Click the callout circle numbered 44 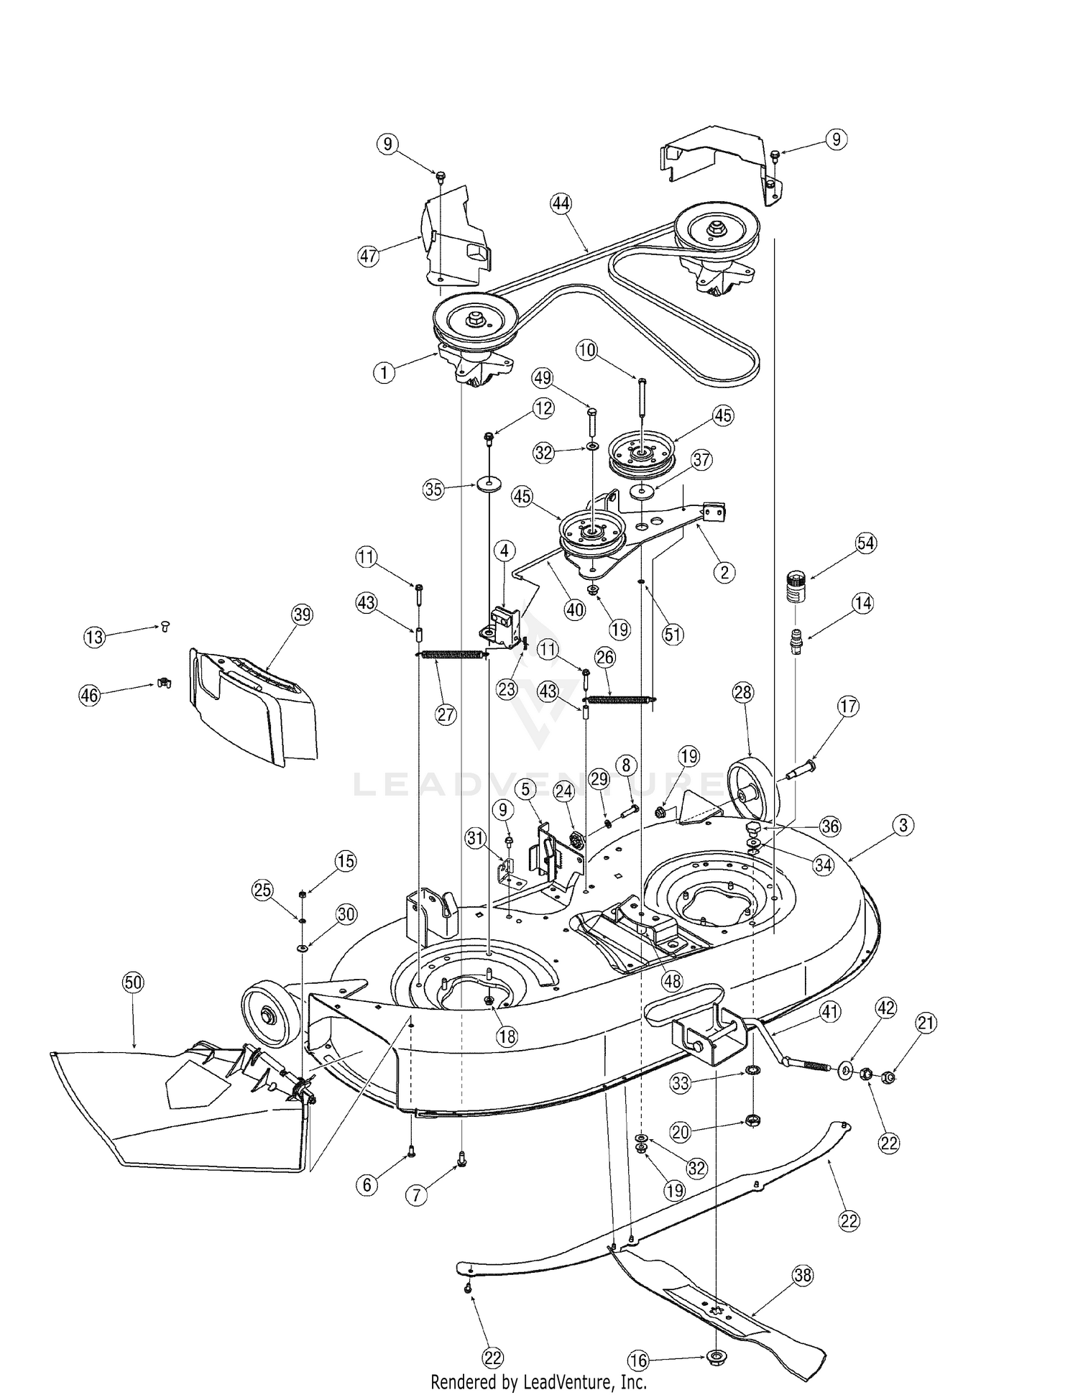561,204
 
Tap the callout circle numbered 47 369,256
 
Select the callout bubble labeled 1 384,372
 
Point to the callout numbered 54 865,543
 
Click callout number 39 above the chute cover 302,614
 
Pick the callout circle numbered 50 133,983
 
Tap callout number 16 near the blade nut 638,1361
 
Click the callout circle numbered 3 903,825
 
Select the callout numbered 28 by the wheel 742,692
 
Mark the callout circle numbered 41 830,1013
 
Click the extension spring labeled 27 451,654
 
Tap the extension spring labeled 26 619,699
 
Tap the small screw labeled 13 164,627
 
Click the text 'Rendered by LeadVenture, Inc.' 538,1381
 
